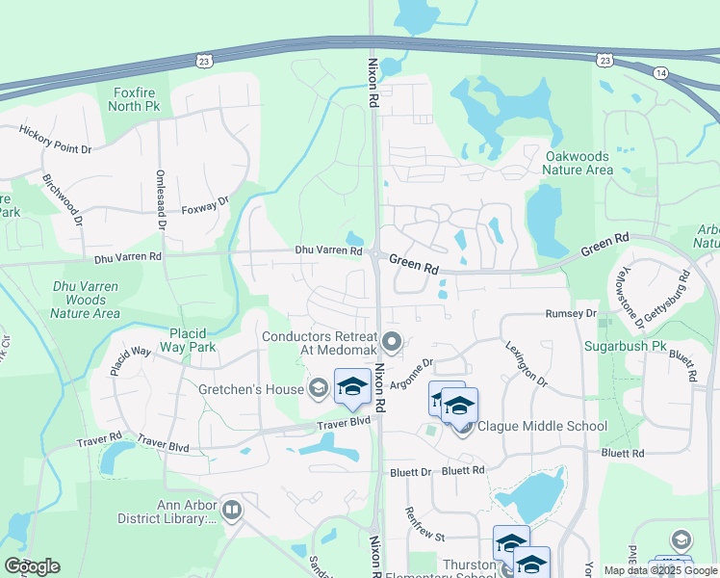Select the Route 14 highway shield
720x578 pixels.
point(659,72)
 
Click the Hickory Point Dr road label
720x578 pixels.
point(54,140)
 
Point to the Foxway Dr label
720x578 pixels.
point(205,206)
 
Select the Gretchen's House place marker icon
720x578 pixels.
point(318,388)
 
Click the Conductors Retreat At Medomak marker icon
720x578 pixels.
point(392,342)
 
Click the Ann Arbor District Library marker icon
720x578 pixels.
point(231,510)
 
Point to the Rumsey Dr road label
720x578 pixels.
point(571,314)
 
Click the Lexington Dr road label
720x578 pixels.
point(526,363)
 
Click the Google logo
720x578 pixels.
point(32,566)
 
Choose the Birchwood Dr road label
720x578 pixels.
point(62,199)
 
